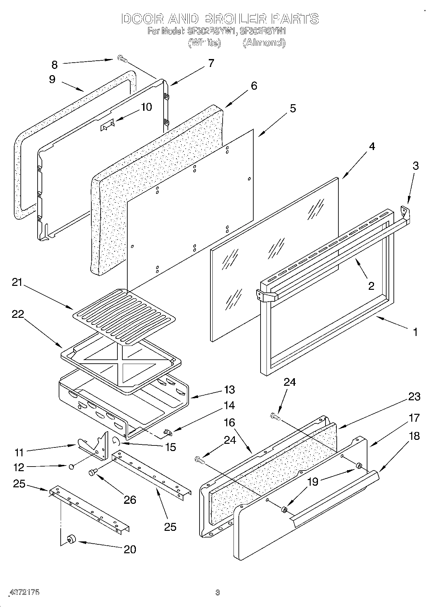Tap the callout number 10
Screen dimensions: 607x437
point(146,107)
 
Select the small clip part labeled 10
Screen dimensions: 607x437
point(107,125)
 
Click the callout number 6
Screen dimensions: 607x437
point(253,86)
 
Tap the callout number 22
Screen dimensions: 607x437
point(18,314)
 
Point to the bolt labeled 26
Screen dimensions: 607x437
point(92,473)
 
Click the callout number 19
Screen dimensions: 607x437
point(312,482)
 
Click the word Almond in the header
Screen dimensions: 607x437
point(264,43)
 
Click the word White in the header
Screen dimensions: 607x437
point(204,43)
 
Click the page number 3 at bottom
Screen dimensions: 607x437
point(217,592)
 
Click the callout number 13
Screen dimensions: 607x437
point(229,390)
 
